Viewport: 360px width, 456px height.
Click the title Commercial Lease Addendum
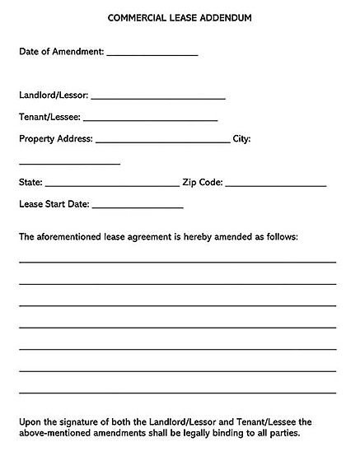[180, 16]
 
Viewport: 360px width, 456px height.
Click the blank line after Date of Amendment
[152, 54]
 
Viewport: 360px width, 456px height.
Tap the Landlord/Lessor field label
[54, 95]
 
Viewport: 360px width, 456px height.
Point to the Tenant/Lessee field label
[49, 117]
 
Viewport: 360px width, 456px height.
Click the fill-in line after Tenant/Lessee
[150, 120]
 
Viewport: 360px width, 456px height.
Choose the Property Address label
[55, 138]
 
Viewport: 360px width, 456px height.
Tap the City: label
[242, 138]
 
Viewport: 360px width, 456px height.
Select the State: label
[30, 182]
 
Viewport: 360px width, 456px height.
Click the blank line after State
[111, 185]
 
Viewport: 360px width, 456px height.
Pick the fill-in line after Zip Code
[275, 185]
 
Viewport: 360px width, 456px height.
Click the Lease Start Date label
[54, 203]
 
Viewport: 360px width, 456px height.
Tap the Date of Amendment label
[61, 51]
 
